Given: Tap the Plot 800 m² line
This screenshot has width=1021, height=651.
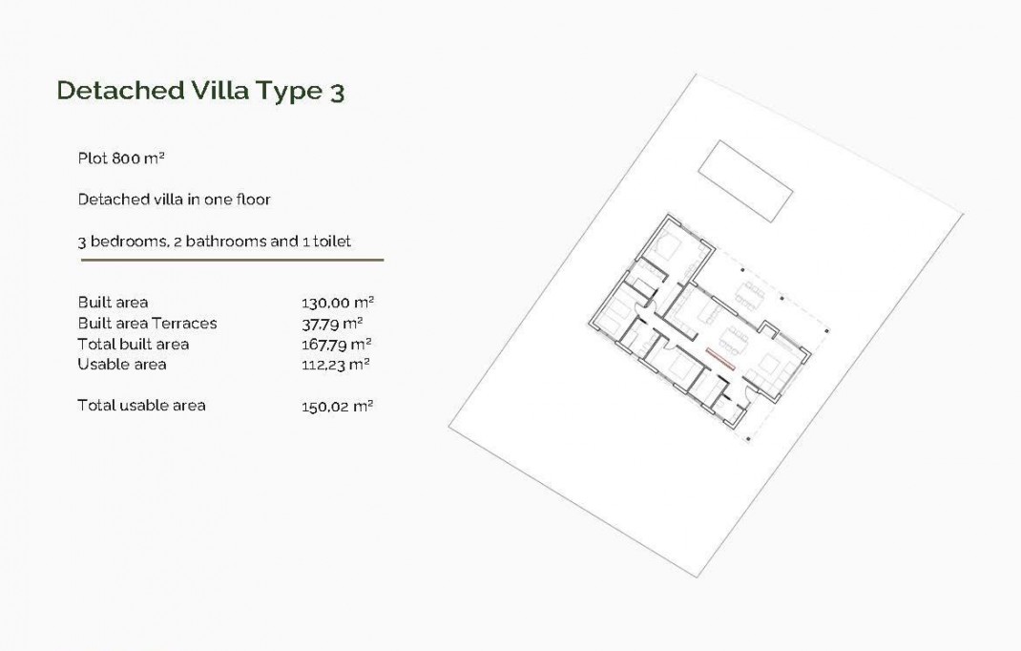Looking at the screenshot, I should (122, 158).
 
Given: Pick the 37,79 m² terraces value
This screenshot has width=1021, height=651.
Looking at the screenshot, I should (332, 323).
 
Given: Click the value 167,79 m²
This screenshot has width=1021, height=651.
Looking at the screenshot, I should (336, 344).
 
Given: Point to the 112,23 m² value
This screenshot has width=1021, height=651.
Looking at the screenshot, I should (335, 364).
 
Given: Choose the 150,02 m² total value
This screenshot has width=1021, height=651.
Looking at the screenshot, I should (336, 406).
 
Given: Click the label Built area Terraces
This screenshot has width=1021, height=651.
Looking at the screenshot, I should (147, 323).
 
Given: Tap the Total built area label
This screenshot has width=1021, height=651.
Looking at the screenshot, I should (133, 344).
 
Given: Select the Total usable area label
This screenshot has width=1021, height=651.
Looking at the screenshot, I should (141, 405).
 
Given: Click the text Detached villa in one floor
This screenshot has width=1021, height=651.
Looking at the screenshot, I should (174, 199).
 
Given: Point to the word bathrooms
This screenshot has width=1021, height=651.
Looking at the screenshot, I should (226, 241).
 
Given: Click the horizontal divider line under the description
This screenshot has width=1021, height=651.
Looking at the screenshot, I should (232, 260).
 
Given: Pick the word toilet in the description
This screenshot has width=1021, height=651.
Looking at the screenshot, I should (331, 241).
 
